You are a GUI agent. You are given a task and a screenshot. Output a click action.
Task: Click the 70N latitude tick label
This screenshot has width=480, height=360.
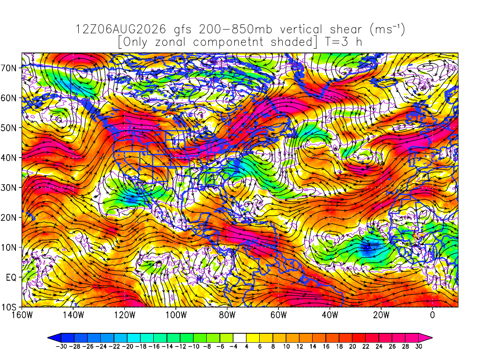pos(9,68)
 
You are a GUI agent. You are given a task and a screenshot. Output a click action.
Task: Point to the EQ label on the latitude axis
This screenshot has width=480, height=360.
pos(11,277)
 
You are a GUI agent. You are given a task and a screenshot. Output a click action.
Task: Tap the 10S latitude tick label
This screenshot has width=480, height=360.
pos(9,307)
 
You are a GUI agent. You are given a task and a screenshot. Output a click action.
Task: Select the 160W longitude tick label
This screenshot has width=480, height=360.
pos(22,315)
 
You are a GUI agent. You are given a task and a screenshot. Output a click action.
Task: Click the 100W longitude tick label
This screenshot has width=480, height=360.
pos(176,315)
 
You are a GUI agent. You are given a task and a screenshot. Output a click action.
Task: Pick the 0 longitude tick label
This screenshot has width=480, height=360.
pos(432,315)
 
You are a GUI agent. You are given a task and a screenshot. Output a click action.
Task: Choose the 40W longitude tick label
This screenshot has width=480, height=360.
pos(330,315)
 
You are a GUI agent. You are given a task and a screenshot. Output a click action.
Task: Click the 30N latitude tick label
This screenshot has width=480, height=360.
pos(9,187)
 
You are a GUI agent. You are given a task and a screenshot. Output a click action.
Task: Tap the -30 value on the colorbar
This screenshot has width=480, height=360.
pos(61,346)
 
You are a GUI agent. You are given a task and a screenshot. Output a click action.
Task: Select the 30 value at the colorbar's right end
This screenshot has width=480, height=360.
pos(419,346)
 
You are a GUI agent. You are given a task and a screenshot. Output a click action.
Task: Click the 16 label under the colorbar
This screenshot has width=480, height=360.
pos(326,346)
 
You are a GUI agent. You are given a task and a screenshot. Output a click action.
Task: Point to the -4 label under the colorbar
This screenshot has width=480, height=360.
pos(233,346)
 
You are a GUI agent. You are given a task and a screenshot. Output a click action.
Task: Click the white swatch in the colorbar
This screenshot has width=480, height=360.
pos(240,338)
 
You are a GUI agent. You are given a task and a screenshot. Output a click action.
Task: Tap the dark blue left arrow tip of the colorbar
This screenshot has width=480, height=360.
pos(48,338)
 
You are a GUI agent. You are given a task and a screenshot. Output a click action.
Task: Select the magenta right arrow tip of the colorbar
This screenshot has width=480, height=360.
pos(432,338)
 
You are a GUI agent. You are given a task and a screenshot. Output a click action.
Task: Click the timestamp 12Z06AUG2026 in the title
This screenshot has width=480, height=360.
pos(120,30)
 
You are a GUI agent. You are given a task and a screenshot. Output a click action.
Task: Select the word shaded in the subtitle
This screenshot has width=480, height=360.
pos(292,42)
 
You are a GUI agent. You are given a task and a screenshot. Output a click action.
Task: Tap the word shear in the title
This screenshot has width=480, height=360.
pos(346,30)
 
